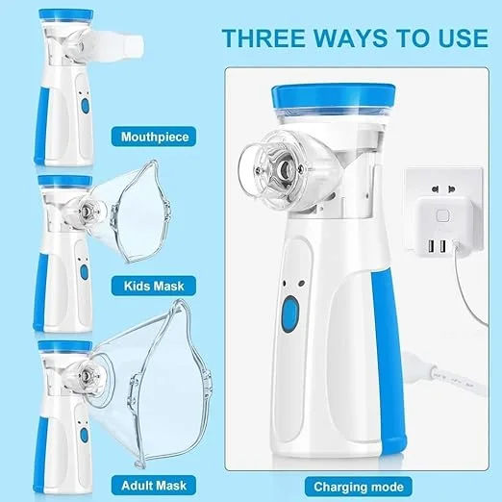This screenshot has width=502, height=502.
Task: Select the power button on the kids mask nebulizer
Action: point(83,272)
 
